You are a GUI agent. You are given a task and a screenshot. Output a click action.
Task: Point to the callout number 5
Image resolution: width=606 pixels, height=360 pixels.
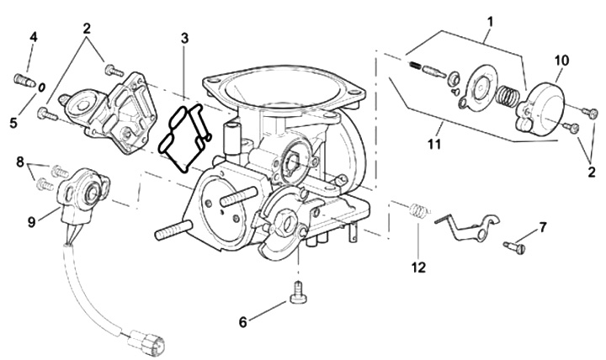pos(13,122)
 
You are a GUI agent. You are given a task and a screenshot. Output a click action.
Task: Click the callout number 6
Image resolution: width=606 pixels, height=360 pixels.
pos(242,322)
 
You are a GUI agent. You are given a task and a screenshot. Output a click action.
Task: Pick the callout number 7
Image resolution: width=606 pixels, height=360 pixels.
pos(543,227)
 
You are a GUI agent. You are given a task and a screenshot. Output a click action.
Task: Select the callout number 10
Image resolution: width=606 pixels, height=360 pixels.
pos(562,60)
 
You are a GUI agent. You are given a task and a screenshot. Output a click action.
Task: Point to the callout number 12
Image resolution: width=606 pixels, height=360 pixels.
pos(418,268)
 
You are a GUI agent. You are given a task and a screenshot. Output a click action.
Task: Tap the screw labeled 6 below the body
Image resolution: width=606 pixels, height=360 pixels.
pos(297,292)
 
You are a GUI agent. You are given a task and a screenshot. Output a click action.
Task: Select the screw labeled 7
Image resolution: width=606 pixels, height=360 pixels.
pos(515,246)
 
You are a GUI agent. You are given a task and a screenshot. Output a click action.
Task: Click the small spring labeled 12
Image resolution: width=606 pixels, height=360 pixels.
pos(417,210)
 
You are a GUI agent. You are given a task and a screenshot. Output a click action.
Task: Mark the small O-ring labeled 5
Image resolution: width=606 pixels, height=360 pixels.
pos(40,87)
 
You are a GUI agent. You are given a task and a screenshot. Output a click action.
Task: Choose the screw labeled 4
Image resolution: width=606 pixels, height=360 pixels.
pos(23,80)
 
